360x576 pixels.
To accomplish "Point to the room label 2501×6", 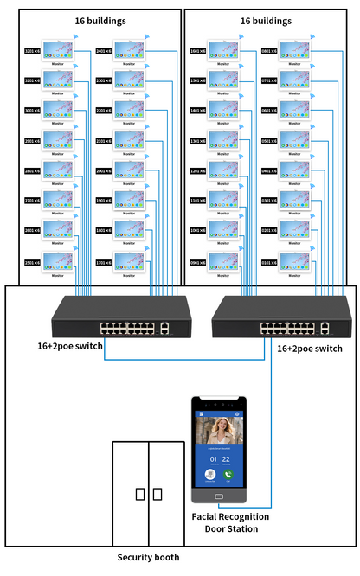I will (34, 262).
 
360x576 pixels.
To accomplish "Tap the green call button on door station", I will (228, 474).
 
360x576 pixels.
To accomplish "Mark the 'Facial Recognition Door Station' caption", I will (229, 522).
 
